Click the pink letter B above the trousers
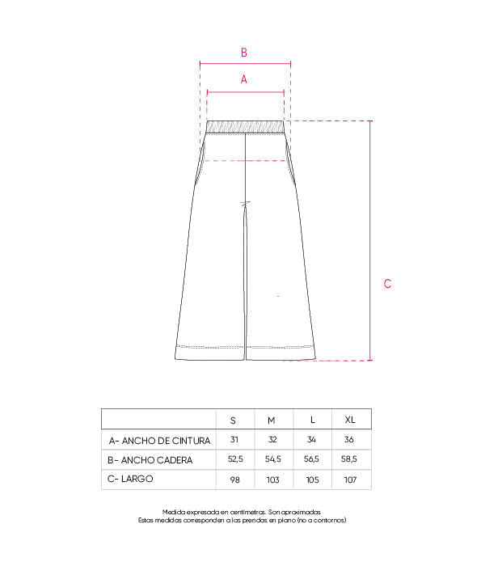(243, 53)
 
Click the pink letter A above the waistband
(243, 79)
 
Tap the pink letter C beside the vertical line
(387, 284)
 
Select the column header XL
(350, 420)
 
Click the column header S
(233, 420)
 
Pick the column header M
(272, 420)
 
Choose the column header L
(313, 420)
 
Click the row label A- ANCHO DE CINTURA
(159, 441)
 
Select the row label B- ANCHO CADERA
(150, 460)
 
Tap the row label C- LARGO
(130, 479)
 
